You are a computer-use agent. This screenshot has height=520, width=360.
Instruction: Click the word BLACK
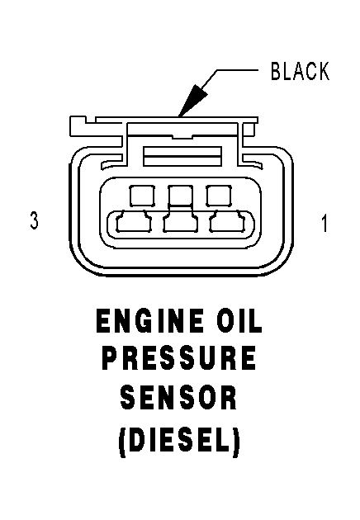click(300, 71)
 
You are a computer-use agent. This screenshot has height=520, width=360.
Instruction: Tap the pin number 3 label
click(34, 220)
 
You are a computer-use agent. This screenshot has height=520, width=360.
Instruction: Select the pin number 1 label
click(324, 223)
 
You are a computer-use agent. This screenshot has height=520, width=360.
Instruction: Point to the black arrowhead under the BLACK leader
click(192, 101)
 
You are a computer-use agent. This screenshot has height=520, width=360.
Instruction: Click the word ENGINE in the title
click(149, 321)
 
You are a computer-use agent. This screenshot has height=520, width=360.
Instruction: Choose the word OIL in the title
click(239, 321)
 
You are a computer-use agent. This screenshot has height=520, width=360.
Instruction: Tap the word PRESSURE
click(179, 358)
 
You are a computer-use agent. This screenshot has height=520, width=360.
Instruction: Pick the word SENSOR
click(179, 398)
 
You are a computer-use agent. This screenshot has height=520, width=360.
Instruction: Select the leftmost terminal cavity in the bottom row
click(134, 221)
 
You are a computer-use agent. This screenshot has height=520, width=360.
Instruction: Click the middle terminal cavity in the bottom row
click(181, 220)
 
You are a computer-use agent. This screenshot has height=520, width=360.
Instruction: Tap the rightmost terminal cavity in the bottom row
click(227, 221)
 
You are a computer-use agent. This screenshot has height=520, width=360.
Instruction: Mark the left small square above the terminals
click(142, 196)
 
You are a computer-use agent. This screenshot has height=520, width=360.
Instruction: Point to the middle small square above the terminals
click(181, 195)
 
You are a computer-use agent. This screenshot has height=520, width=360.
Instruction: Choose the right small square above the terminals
click(219, 196)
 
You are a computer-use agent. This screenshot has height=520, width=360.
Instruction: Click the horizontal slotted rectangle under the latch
click(182, 156)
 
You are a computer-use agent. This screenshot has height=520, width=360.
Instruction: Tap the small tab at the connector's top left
click(78, 125)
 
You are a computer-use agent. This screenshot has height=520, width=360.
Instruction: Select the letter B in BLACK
click(276, 71)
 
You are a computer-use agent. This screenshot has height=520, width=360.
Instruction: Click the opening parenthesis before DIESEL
click(122, 442)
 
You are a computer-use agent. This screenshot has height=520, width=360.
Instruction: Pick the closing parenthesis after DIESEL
click(236, 442)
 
